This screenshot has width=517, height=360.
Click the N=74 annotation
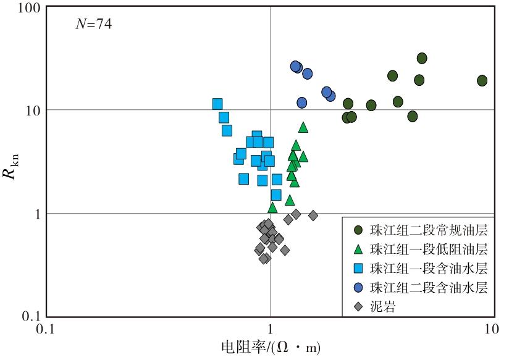[94, 24]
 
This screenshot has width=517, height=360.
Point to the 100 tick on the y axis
[29, 7]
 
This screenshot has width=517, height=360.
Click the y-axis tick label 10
[33, 111]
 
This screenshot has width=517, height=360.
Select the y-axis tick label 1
[37, 214]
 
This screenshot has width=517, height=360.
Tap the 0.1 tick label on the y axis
[32, 317]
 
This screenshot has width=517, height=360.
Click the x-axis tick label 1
[271, 329]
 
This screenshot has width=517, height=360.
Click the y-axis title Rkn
[11, 167]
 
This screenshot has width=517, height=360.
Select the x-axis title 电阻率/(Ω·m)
[271, 347]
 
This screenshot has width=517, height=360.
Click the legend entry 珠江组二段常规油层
[421, 230]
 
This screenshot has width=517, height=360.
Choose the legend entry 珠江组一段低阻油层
[421, 249]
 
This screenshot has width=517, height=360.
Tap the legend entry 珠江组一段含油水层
[421, 269]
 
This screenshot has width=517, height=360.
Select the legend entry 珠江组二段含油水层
[421, 288]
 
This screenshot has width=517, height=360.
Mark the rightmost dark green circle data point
[482, 80]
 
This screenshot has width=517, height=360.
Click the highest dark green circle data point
[422, 58]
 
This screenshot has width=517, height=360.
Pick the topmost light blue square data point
[217, 104]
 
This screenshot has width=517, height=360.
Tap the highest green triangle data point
[303, 127]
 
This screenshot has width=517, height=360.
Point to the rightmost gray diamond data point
[313, 216]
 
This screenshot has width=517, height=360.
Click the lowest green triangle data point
[272, 207]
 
